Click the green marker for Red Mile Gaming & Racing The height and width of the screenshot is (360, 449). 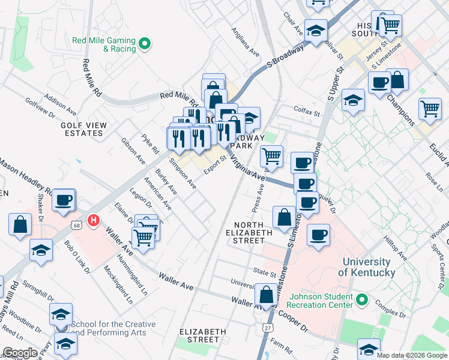point(145,43)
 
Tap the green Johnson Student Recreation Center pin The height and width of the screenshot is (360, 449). point(361,299)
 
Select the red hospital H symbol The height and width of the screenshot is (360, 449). point(93,221)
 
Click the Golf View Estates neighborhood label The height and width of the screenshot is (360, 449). point(83,129)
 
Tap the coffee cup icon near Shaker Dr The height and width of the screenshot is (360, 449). point(63,200)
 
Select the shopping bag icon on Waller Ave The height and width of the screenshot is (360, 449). point(265,295)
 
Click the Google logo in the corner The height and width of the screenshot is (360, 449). point(20,353)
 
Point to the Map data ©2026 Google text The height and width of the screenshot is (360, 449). point(412,355)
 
